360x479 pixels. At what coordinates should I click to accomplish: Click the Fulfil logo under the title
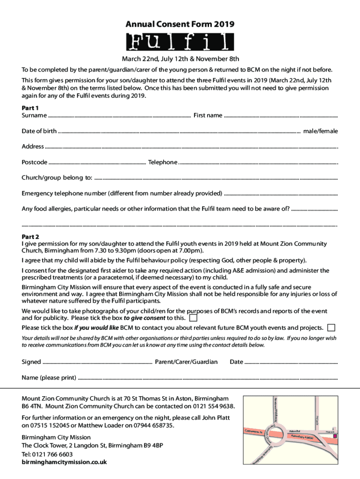(180, 42)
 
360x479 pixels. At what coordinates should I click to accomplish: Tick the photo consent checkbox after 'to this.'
(193, 319)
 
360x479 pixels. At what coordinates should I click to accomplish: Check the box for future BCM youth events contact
(331, 327)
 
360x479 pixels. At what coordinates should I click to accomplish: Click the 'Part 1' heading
(30, 108)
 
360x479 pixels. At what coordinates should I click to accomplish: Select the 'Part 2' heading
(30, 237)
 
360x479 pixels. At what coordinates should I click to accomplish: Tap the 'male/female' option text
(320, 131)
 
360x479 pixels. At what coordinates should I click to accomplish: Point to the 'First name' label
(208, 116)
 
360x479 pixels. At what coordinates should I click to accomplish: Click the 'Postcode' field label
(34, 162)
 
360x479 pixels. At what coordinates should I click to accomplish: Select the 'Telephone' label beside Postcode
(163, 162)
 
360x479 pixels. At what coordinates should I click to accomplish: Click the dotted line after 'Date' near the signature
(291, 362)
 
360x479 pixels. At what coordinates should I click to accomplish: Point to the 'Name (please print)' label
(49, 377)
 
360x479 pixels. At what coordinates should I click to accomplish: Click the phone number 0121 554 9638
(215, 406)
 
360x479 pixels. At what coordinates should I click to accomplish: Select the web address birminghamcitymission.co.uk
(64, 462)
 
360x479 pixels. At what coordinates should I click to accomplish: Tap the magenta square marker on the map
(335, 436)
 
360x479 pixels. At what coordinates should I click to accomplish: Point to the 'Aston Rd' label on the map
(294, 431)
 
